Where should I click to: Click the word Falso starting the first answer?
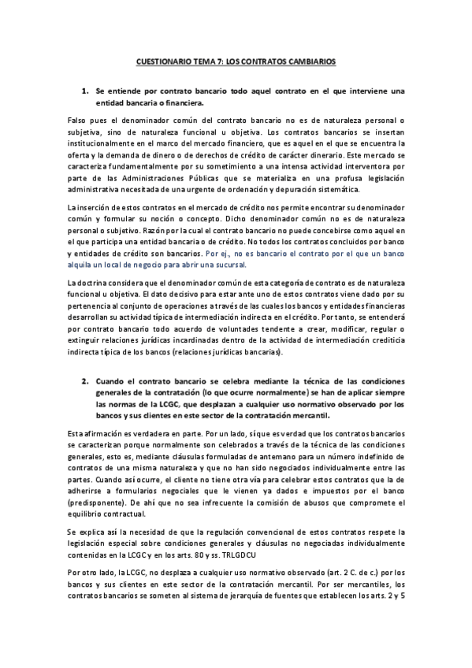[77, 118]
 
